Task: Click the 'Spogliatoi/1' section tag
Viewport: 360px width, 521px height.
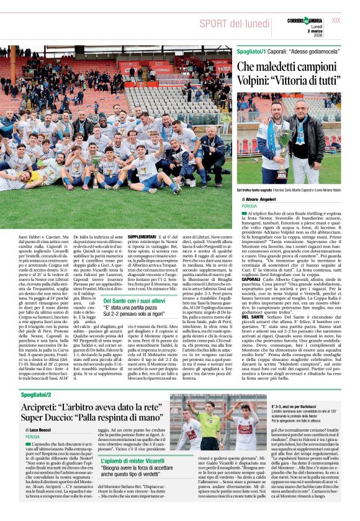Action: pos(251,51)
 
